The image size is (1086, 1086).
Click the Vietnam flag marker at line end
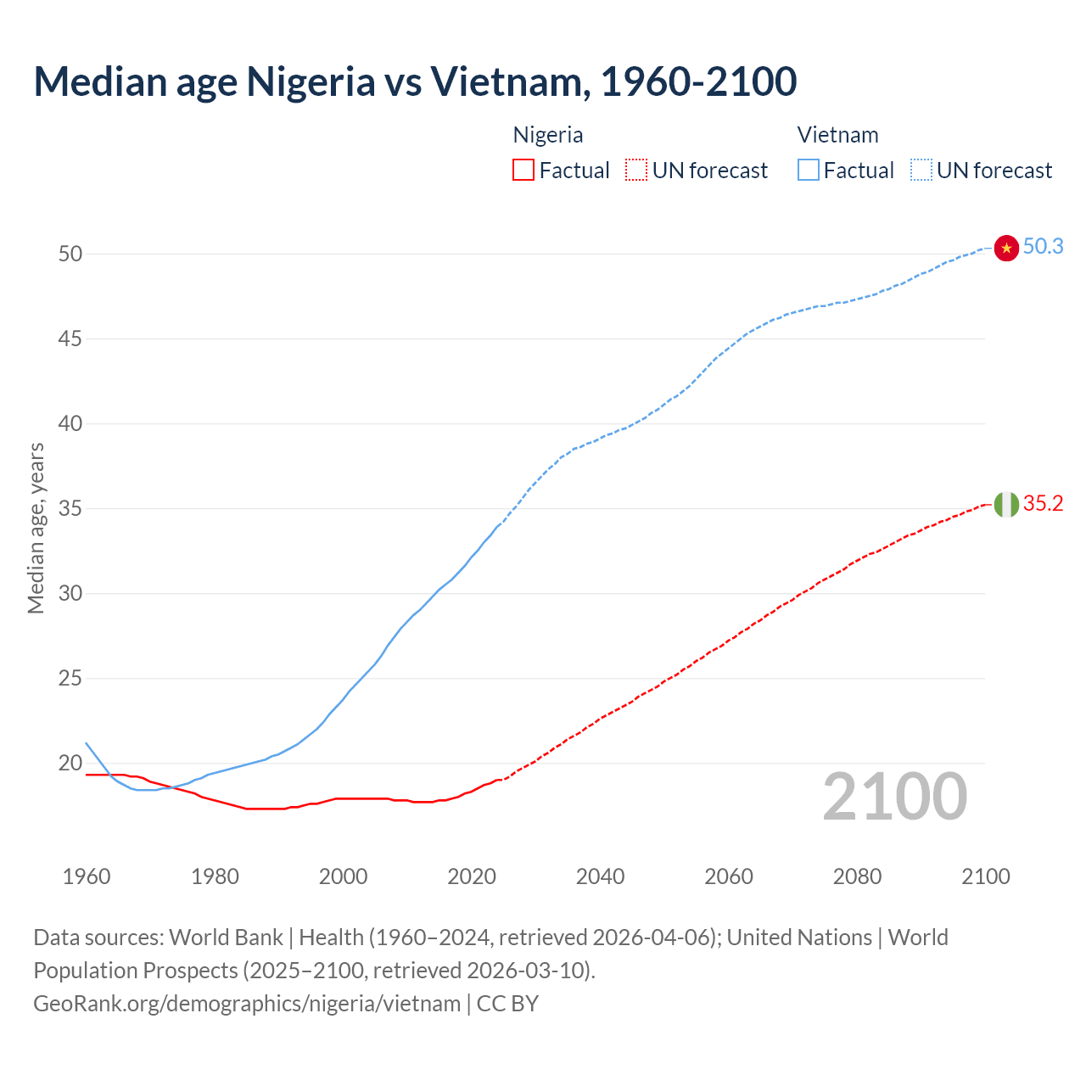1006,248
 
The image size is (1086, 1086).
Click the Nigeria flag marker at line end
1006,504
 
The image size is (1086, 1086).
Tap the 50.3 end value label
1043,247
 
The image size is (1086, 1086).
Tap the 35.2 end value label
1043,504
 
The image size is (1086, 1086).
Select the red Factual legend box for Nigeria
523,171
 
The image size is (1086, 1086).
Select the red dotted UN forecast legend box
636,171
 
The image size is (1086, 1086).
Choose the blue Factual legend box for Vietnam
808,171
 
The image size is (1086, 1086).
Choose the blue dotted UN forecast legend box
921,171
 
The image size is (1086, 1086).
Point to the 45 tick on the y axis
70,339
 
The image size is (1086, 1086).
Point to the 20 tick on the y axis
70,764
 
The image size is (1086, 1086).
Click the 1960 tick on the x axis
87,876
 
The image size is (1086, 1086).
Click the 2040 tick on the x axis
600,876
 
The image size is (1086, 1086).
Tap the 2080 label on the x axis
857,876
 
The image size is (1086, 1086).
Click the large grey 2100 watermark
895,797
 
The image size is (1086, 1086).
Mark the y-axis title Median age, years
36,528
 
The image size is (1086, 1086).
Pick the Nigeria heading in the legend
548,135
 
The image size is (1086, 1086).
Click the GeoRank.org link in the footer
247,1004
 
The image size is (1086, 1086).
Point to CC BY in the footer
507,1004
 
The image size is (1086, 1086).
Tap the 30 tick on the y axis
70,594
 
